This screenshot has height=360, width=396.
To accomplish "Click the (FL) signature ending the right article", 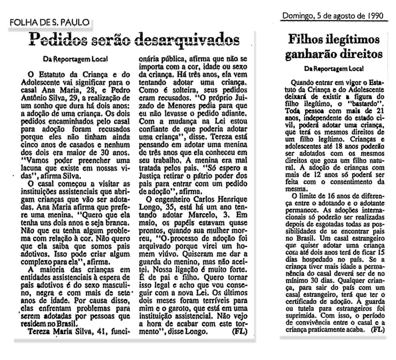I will (378, 330).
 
